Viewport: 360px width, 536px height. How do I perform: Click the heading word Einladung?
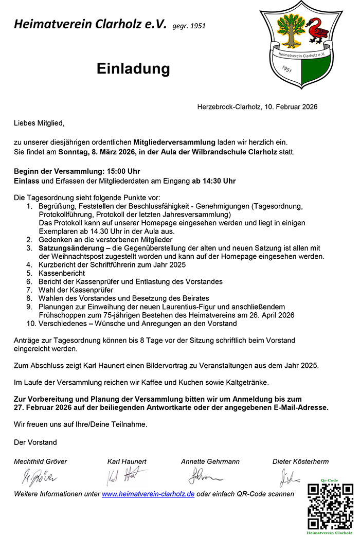tap(133, 69)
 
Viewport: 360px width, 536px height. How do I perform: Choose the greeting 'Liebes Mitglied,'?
tap(39, 123)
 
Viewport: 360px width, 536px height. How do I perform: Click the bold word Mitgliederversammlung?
tap(174, 141)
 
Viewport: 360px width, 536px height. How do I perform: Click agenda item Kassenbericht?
tap(62, 273)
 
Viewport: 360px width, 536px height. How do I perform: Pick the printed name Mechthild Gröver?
tap(41, 461)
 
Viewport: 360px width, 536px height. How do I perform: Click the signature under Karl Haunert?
tap(125, 477)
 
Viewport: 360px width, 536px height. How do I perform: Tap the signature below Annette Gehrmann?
tap(204, 476)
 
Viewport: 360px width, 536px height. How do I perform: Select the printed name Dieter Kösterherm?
tap(300, 461)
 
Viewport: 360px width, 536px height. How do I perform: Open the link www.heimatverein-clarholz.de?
tap(148, 494)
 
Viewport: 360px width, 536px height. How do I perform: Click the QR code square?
tap(331, 506)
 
